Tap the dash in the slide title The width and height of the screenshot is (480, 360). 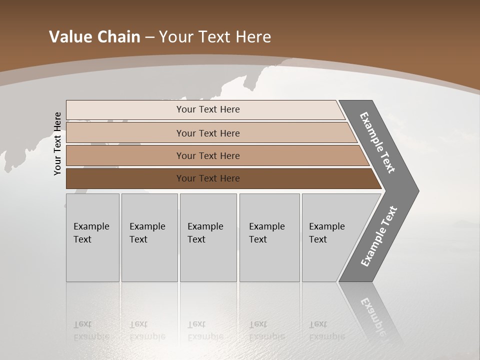tap(149, 37)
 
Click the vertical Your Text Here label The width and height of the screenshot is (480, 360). tap(57, 143)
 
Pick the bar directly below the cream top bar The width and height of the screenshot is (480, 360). tap(207, 133)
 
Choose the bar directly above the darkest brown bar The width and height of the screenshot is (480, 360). tap(207, 155)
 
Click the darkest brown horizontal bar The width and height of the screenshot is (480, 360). tap(207, 178)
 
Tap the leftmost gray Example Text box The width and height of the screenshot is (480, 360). tap(92, 237)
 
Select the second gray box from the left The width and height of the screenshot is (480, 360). tap(149, 237)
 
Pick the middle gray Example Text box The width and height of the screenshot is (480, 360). tap(208, 237)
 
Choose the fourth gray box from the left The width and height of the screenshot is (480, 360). tap(269, 237)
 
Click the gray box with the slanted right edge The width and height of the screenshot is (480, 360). tap(330, 237)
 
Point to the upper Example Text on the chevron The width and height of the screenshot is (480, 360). tap(377, 142)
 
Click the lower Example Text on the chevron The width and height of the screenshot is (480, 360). tap(379, 236)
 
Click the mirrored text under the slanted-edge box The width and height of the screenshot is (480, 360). tap(326, 330)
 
